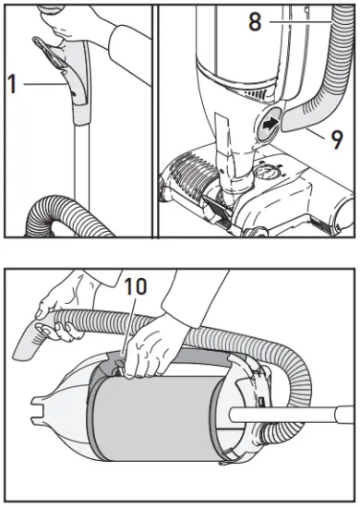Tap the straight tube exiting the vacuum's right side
point(305,411)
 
